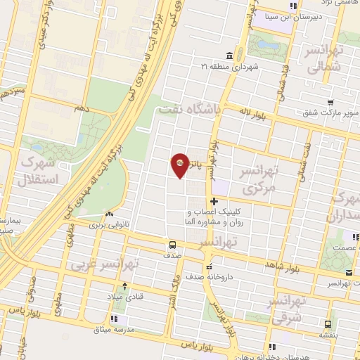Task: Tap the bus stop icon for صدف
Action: coord(172,245)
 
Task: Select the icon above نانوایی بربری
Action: coord(108,214)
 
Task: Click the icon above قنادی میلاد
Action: coord(125,286)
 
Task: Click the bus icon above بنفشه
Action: coord(328,323)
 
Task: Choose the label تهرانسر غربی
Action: coord(105,264)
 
